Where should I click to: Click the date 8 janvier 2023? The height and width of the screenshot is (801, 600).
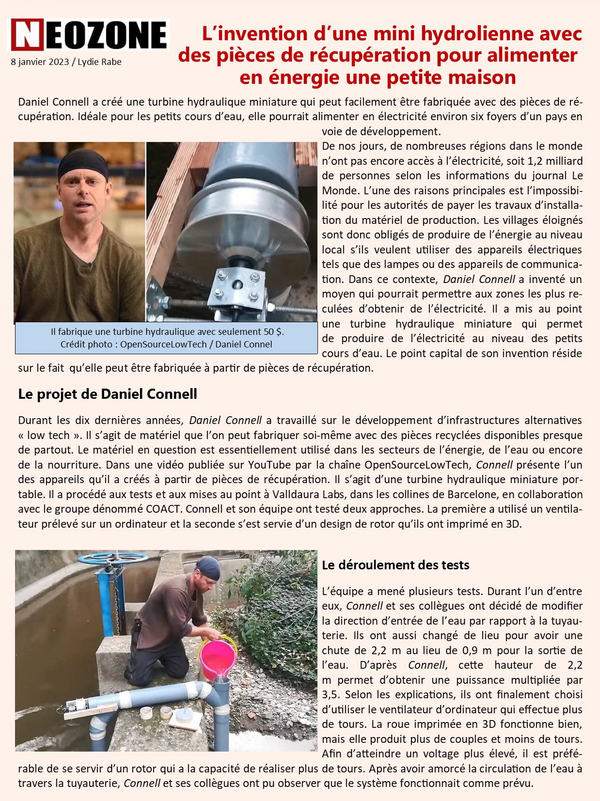point(39,62)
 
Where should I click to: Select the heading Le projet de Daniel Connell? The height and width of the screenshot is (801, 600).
point(108,394)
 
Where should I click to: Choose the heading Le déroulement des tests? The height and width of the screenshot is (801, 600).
point(395,565)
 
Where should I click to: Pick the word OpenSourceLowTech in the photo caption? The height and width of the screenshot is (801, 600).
point(163,345)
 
